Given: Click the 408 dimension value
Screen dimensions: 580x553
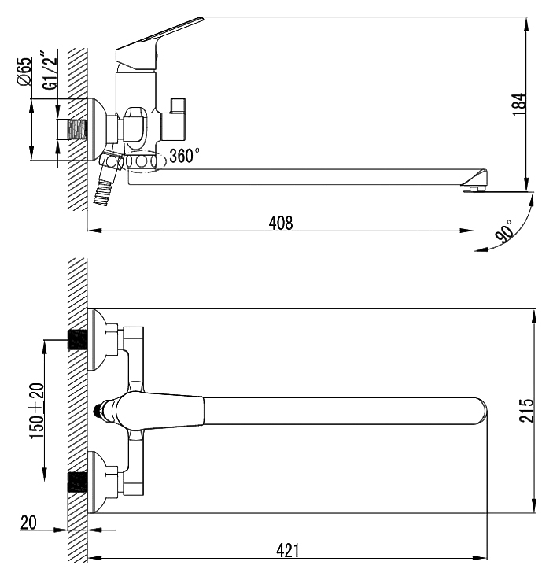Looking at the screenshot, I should [280, 223].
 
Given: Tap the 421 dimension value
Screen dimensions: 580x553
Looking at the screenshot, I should [287, 551].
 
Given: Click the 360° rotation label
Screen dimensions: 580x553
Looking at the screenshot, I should [185, 156].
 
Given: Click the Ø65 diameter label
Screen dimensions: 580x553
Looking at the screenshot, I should [24, 72].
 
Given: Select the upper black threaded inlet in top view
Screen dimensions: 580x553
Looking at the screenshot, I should [76, 340].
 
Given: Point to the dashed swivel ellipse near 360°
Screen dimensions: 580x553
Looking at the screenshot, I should [142, 161].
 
